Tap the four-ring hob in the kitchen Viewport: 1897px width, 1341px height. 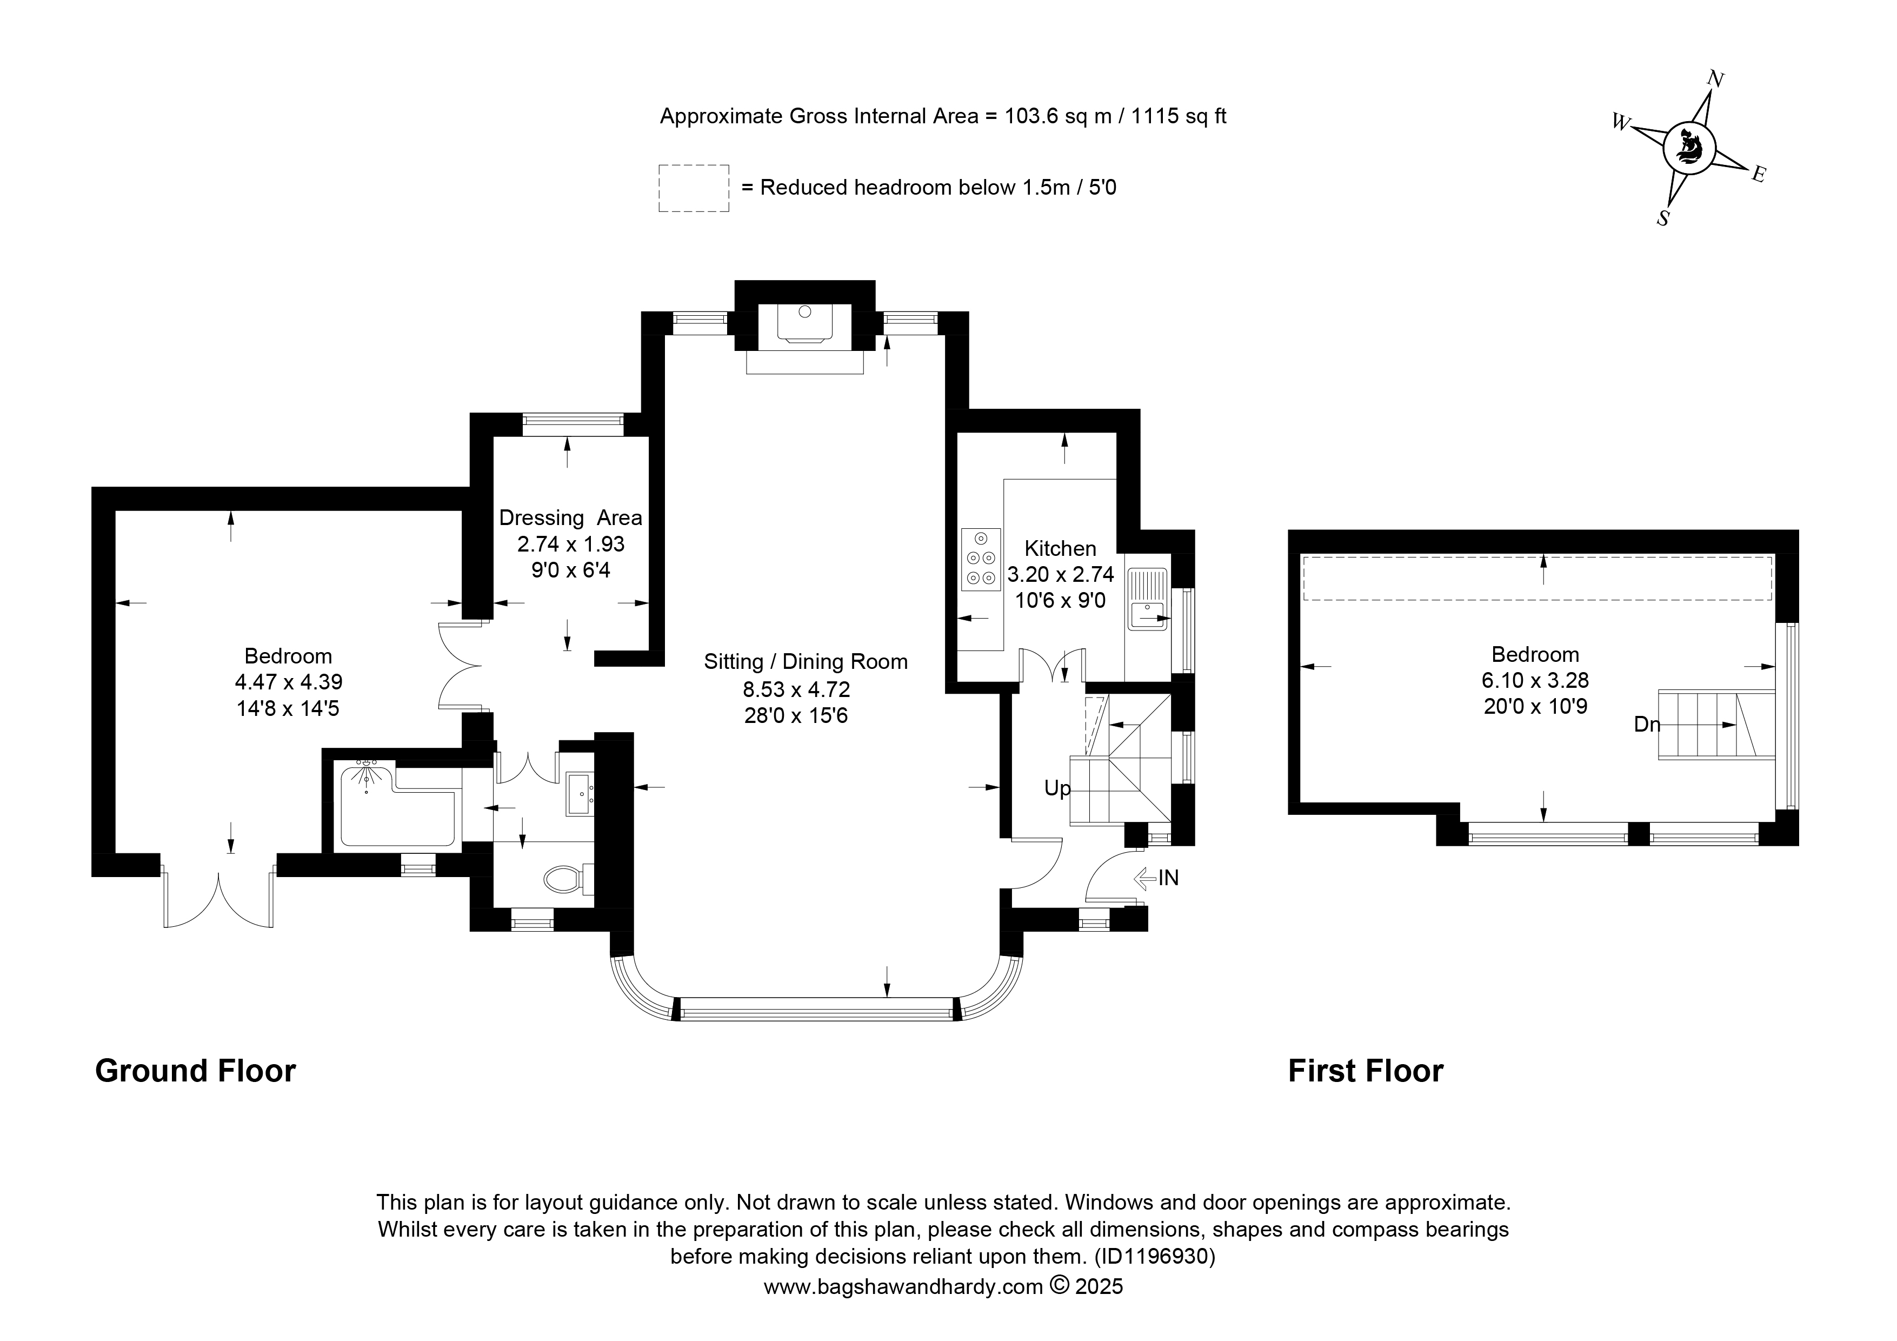coord(981,559)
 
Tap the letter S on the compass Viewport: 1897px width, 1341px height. coord(1663,218)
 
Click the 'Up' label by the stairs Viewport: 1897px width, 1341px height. coord(1057,788)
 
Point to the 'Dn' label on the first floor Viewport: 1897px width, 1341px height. coord(1647,724)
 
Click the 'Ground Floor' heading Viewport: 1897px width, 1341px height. coord(196,1072)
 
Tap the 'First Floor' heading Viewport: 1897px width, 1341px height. coord(1366,1072)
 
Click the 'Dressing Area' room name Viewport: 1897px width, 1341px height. coord(571,518)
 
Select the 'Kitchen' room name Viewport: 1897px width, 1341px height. coord(1060,549)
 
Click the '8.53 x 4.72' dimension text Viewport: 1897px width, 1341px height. coord(796,689)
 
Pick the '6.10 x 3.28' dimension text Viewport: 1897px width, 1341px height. coord(1535,680)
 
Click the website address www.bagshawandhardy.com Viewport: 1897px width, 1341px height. coord(903,1286)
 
